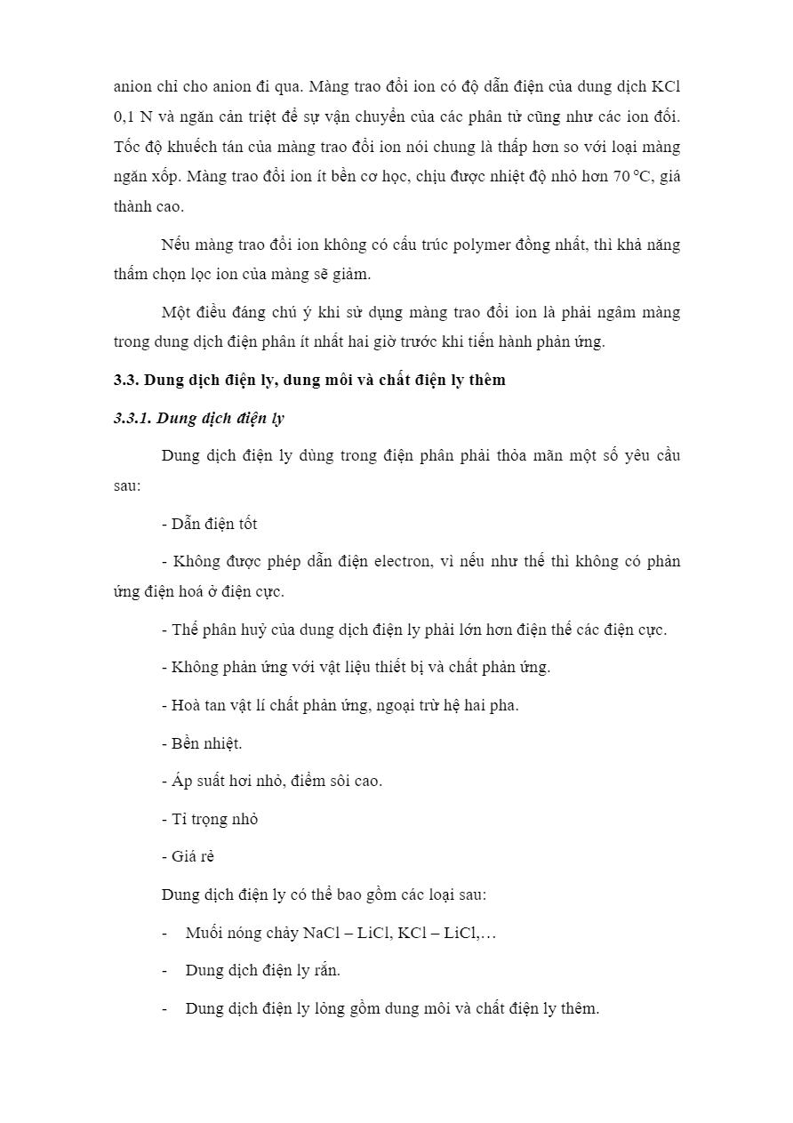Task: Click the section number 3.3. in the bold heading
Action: pyautogui.click(x=126, y=380)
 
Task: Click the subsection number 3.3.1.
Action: pyautogui.click(x=132, y=418)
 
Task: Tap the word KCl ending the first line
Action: pyautogui.click(x=666, y=86)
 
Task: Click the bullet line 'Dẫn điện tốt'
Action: pyautogui.click(x=210, y=524)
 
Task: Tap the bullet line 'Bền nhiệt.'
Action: pyautogui.click(x=202, y=743)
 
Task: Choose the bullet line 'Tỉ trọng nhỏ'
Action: pyautogui.click(x=210, y=819)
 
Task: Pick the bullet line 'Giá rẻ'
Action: pyautogui.click(x=188, y=857)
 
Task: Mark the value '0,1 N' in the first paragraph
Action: pyautogui.click(x=133, y=116)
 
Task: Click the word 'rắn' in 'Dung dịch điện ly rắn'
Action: pyautogui.click(x=327, y=970)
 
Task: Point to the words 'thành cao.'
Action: pyautogui.click(x=148, y=206)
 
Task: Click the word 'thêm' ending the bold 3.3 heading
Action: pyautogui.click(x=485, y=380)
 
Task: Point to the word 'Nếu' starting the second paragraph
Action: pyautogui.click(x=176, y=245)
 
